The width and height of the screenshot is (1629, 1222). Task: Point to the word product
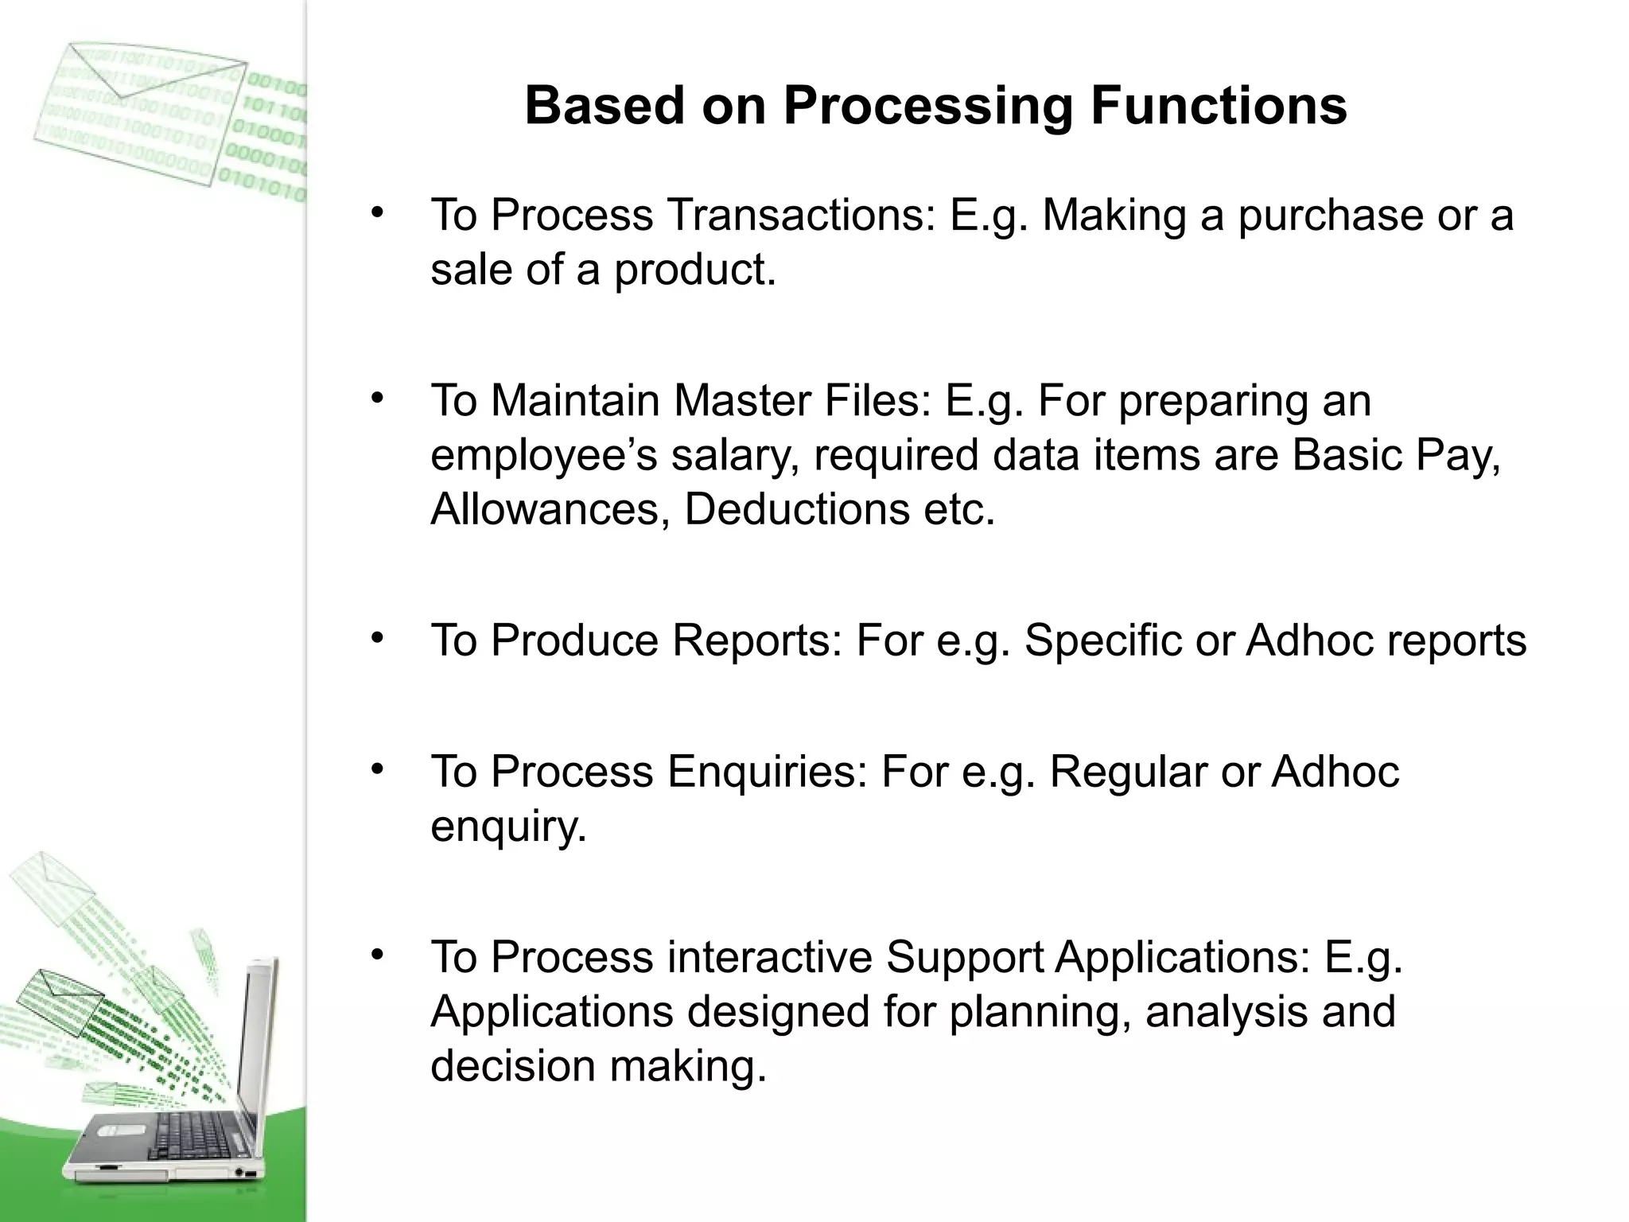tap(694, 270)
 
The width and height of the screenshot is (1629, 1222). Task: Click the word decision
tap(513, 1066)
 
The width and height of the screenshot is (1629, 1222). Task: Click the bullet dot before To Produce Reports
tap(377, 637)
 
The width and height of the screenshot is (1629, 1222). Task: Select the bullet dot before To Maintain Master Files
tap(377, 397)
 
